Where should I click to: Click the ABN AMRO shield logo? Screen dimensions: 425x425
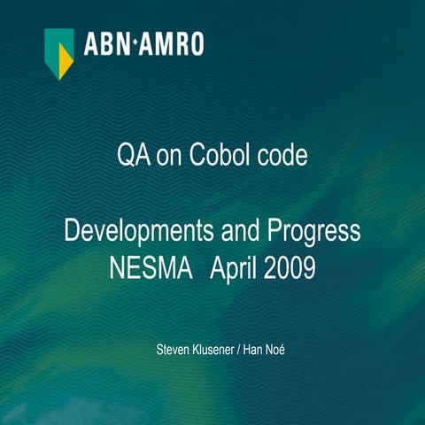click(x=59, y=50)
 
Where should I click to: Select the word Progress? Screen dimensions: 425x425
click(x=310, y=233)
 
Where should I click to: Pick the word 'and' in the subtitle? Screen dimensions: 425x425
click(x=232, y=233)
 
